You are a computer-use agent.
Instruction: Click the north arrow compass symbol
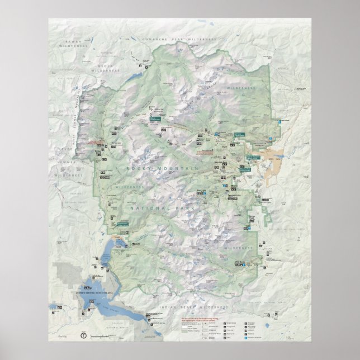coord(83,335)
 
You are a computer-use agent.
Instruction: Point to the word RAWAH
coord(74,42)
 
